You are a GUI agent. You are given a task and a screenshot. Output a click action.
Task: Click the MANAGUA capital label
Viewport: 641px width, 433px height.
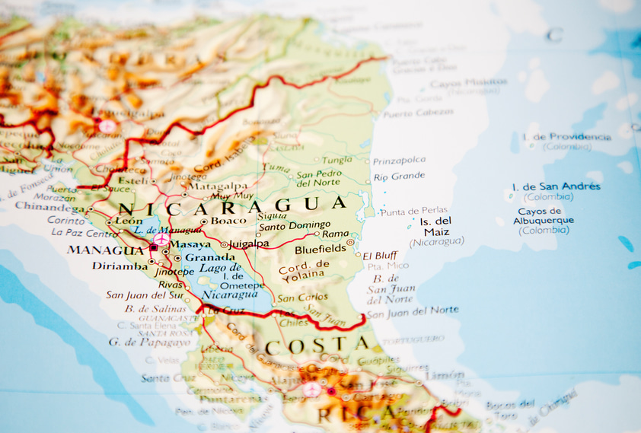coord(105,250)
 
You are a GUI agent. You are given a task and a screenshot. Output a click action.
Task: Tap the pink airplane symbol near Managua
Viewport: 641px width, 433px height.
coord(161,239)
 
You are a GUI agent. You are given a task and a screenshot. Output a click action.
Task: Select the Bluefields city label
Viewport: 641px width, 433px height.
coord(320,248)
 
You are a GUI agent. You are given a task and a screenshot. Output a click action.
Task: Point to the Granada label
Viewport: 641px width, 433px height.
coord(210,257)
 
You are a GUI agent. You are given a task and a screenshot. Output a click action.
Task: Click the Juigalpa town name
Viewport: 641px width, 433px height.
coord(249,244)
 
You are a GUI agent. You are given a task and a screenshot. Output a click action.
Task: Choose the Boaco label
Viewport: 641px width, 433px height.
coord(228,221)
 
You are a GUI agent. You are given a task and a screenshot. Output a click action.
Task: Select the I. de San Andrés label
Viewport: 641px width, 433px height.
coord(556,186)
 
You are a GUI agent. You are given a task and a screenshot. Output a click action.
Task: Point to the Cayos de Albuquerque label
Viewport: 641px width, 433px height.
coord(544,216)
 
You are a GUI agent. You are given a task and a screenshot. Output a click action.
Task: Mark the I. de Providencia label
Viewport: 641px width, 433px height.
coord(567,137)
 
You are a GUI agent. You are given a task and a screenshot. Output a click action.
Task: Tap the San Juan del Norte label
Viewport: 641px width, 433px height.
coord(413,310)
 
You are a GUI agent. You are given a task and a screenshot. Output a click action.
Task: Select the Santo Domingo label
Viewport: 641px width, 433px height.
coord(295,225)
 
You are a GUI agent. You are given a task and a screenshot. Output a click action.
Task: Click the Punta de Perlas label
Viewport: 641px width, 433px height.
coord(414,211)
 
